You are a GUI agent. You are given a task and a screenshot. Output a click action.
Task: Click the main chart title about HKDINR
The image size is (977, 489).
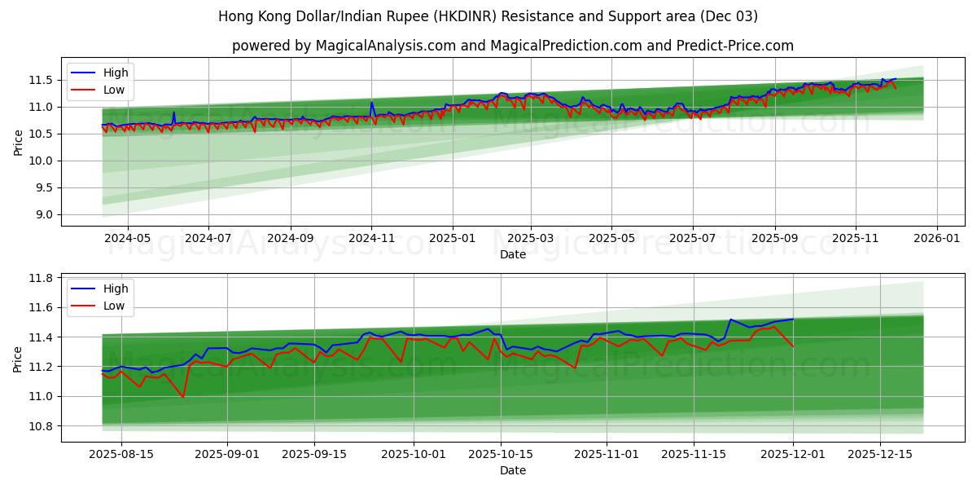pos(488,16)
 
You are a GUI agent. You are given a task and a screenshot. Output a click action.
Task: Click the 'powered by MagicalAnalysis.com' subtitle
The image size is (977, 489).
pos(513,46)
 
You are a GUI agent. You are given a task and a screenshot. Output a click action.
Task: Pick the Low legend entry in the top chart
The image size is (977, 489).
pos(114,90)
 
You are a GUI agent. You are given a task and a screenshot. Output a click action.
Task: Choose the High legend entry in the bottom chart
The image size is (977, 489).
pos(114,289)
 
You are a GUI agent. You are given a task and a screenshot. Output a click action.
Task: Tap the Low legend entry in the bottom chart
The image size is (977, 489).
pos(114,306)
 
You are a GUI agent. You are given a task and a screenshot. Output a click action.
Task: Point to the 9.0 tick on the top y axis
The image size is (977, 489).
pos(42,214)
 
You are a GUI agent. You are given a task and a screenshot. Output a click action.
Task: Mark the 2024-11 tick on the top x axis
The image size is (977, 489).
pos(371,239)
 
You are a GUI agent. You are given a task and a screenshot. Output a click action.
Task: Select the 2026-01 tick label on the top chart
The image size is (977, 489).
pos(936,239)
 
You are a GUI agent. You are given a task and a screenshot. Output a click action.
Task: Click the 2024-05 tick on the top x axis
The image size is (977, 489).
pos(128,239)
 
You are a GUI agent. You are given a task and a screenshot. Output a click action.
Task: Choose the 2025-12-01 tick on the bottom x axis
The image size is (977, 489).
pos(793,455)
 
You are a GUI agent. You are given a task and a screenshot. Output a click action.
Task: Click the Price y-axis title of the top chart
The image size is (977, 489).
pos(19,142)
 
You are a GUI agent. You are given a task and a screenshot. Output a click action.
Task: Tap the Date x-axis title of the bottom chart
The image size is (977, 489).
pos(513,470)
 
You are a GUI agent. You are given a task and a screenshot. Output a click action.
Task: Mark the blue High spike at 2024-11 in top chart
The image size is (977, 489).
pos(371,103)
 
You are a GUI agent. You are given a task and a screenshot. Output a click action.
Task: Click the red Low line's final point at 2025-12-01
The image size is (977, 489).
pos(793,346)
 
